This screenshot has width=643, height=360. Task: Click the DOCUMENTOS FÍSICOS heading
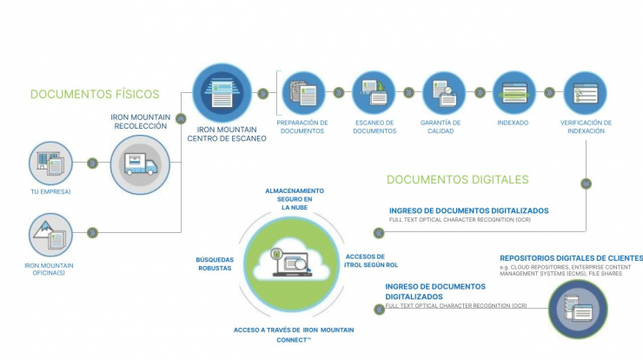coord(95,94)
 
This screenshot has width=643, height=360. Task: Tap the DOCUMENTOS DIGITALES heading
coord(458,179)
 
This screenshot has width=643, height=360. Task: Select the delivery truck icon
coord(140,164)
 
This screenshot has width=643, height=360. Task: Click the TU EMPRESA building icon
coord(50,163)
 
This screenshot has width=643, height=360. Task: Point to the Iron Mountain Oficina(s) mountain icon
coord(50,235)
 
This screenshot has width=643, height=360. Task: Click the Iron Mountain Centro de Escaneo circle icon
coord(222,93)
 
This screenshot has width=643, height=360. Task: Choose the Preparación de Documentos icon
coord(303,93)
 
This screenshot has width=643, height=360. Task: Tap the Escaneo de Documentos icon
coord(374,93)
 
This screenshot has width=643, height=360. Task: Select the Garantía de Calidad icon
coord(444,93)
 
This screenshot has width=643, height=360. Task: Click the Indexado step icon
coord(514,93)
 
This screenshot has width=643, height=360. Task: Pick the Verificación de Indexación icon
coord(585,93)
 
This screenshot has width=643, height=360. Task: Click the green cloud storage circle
coord(292,264)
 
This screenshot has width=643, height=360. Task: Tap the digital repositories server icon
coord(578,310)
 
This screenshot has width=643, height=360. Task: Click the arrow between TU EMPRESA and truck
coord(93,163)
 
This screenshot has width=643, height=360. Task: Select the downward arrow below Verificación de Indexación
coord(586,183)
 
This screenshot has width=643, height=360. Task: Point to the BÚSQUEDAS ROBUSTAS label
coord(215,264)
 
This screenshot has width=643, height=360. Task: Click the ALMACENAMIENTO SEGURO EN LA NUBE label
coord(295,199)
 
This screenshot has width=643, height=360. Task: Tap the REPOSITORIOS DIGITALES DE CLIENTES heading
coord(571,258)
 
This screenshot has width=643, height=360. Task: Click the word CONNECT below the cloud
coord(292,340)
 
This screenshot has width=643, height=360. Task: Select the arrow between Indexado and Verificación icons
coord(549,93)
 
